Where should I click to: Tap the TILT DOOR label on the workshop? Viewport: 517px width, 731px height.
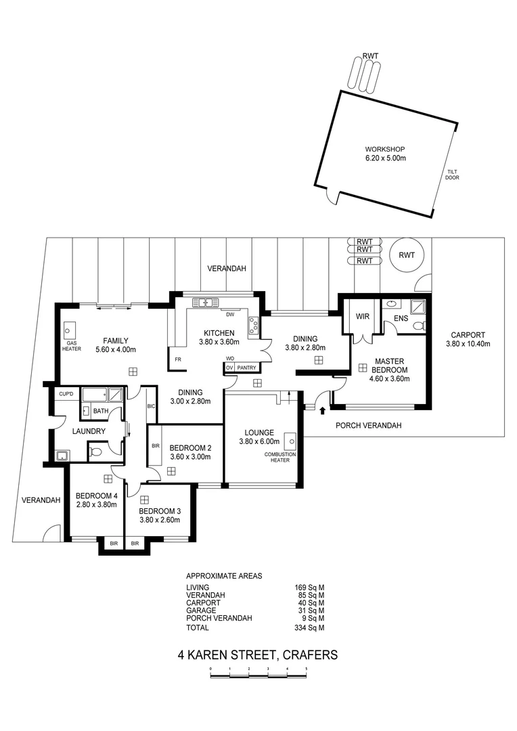tap(452, 175)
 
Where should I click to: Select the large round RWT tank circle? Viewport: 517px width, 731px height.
tap(407, 255)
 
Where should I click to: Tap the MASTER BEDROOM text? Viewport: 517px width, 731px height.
tap(390, 365)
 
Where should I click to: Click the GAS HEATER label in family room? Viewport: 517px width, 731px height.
tap(69, 347)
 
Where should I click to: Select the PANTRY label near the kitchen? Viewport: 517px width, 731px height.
tap(247, 368)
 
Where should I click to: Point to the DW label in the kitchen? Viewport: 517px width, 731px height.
tap(230, 314)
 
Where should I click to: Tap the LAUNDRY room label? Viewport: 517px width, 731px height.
tap(89, 431)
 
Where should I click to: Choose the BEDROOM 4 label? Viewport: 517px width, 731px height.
tap(96, 495)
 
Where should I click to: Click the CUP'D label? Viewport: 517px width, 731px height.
tap(66, 393)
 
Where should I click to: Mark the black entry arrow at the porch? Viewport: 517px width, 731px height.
tap(322, 409)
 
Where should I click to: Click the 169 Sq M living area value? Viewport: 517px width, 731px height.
tap(312, 587)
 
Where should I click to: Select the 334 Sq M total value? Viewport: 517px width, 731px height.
tap(312, 627)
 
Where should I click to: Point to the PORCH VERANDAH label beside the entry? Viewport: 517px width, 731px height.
tap(369, 425)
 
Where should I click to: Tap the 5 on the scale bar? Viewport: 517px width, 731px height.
tap(307, 669)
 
